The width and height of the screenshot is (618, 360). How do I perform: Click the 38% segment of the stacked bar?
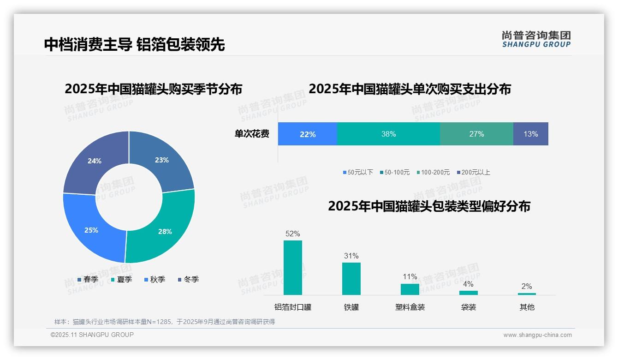pos(388,134)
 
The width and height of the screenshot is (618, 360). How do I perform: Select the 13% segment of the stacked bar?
pos(530,134)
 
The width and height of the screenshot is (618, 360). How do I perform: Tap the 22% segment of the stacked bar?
pos(308,134)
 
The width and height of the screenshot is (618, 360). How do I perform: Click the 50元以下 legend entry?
pos(358,172)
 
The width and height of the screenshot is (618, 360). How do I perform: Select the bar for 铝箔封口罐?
pos(293,267)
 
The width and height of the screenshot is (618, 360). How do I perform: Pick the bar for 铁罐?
pos(351,278)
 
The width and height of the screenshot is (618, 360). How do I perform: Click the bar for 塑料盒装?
pos(410,289)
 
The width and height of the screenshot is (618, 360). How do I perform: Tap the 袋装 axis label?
pos(469,307)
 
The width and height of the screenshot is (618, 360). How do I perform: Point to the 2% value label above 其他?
pos(527,286)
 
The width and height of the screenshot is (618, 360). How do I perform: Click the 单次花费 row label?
pos(252,134)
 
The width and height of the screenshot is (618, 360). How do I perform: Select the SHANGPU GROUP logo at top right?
pos(536,39)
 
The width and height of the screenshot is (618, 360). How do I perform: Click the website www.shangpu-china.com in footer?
pos(537,335)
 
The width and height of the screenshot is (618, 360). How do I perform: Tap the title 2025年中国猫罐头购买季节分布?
pos(154,89)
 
